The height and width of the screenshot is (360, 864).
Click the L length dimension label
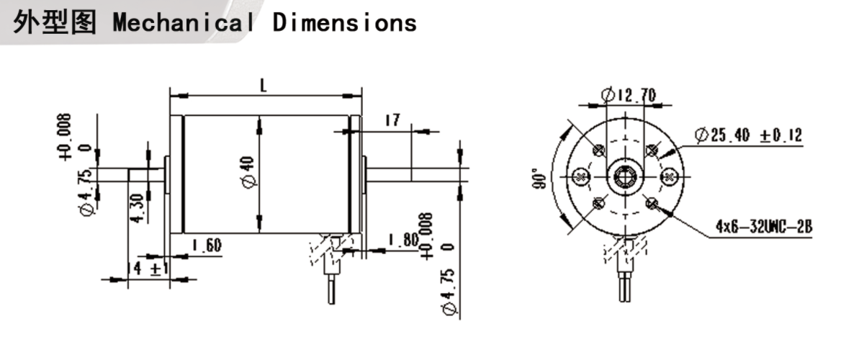pyautogui.click(x=264, y=85)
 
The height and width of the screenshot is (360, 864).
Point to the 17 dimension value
pyautogui.click(x=392, y=120)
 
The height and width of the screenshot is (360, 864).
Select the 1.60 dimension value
pyautogui.click(x=207, y=246)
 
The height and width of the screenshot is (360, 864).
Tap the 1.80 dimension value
pyautogui.click(x=402, y=240)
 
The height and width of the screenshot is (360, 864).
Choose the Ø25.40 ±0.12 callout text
pyautogui.click(x=747, y=135)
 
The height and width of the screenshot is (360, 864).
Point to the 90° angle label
pyautogui.click(x=536, y=177)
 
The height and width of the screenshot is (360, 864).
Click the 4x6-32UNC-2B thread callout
pyautogui.click(x=764, y=228)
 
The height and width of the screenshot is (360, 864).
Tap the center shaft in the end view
pyautogui.click(x=624, y=176)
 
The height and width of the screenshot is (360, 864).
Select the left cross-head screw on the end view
pyautogui.click(x=580, y=176)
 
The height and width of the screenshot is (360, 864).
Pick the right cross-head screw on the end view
pyautogui.click(x=668, y=176)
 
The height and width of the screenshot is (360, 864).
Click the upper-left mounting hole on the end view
pyautogui.click(x=598, y=150)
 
